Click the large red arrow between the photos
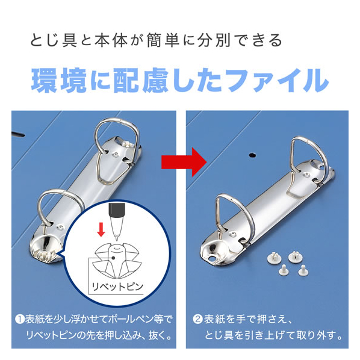tap(184, 163)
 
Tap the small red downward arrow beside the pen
tap(101, 229)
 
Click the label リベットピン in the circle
tap(117, 287)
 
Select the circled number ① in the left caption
tap(20, 319)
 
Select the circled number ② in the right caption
tap(197, 319)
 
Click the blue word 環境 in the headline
tap(59, 80)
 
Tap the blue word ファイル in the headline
tap(277, 80)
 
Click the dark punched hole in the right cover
tap(252, 155)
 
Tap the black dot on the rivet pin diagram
tap(113, 258)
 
